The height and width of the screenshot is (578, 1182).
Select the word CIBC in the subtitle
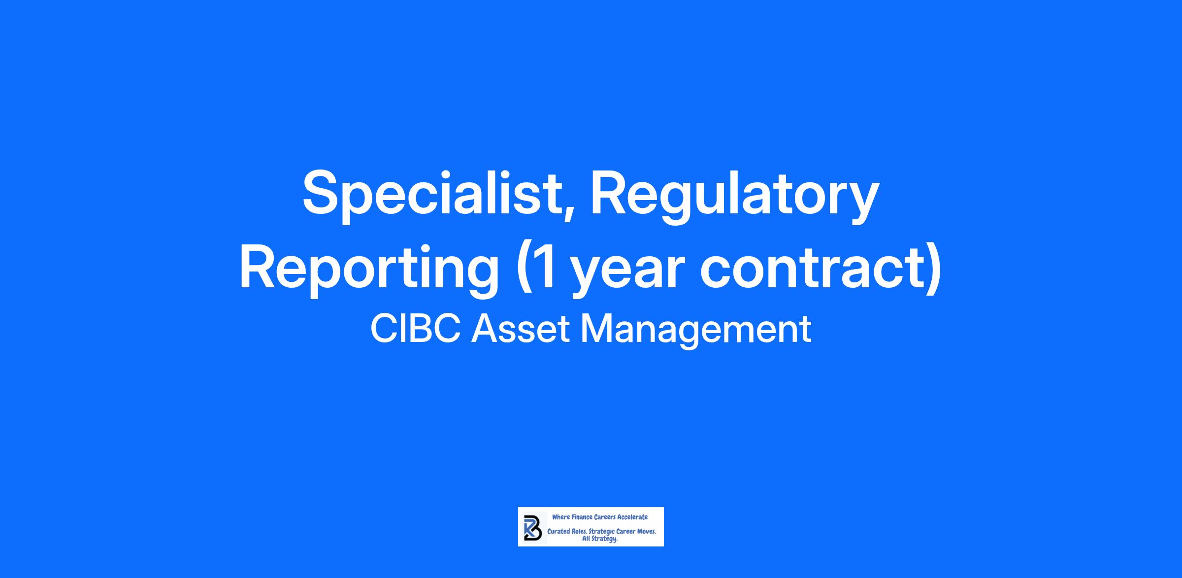click(416, 329)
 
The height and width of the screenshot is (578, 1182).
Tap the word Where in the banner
click(560, 517)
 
